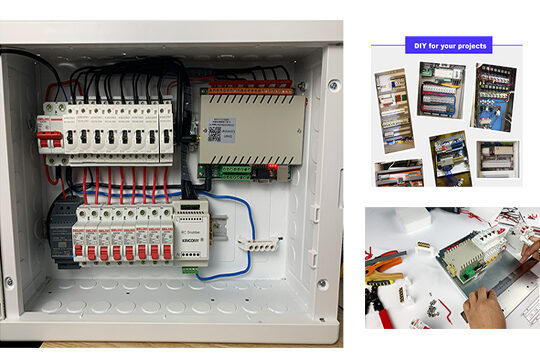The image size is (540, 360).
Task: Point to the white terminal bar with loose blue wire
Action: [263, 242]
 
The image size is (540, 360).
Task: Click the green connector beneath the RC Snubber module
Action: [189, 268]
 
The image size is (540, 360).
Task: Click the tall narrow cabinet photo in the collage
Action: [391, 110]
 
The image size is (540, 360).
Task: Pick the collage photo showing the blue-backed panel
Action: [495, 97]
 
